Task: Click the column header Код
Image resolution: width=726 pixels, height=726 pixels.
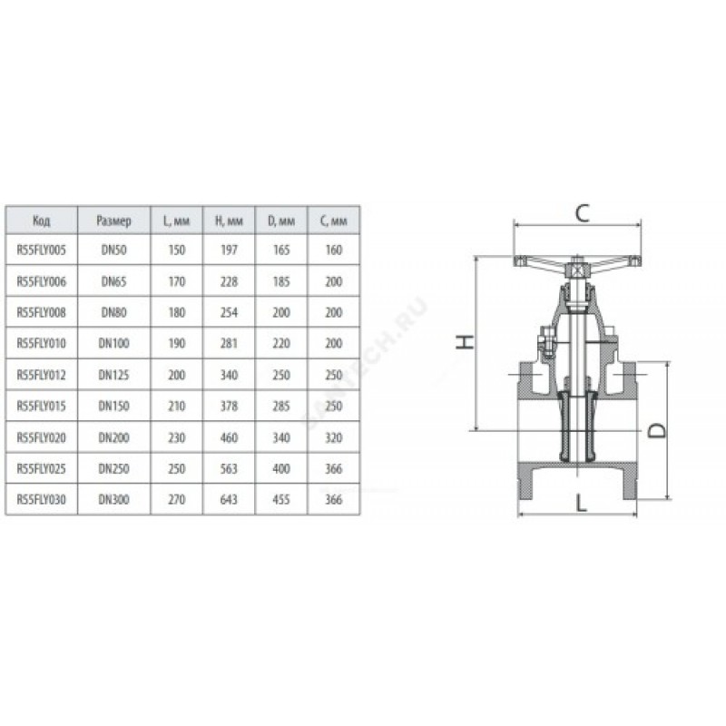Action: tap(41, 221)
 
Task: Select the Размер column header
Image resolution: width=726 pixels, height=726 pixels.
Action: tap(114, 221)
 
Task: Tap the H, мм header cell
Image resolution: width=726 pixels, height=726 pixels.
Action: tap(229, 221)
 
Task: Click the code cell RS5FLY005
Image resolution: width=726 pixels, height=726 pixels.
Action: tap(41, 250)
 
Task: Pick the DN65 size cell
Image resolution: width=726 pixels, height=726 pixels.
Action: tap(114, 281)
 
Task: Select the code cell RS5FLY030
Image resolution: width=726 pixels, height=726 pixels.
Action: tap(41, 500)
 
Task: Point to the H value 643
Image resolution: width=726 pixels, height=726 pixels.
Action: tap(229, 500)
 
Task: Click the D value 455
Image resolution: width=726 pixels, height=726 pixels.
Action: tap(281, 500)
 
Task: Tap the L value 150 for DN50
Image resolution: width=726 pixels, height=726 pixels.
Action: tap(176, 250)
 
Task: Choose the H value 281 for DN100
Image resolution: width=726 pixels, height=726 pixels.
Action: tap(229, 344)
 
